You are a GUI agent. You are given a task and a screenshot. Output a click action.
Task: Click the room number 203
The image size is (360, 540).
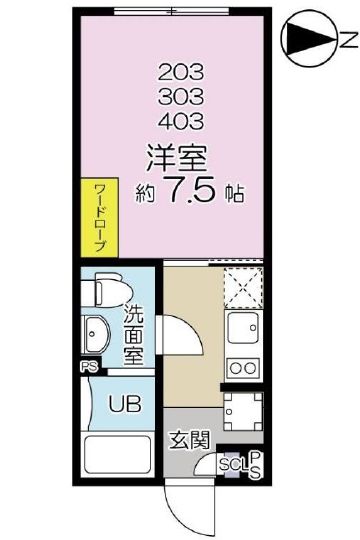[x=181, y=72]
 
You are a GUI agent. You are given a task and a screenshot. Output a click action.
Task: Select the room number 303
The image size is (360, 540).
[x=181, y=97]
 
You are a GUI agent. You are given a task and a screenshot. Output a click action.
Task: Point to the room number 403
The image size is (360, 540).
[x=181, y=122]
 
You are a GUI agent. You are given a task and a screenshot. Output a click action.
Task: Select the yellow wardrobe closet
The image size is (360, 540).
[x=101, y=217]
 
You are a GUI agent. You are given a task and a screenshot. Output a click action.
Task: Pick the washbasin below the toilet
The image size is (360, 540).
[x=98, y=333]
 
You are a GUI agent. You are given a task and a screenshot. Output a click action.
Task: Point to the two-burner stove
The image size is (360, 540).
[x=242, y=367]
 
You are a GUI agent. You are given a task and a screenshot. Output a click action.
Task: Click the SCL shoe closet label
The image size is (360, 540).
[x=231, y=464]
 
